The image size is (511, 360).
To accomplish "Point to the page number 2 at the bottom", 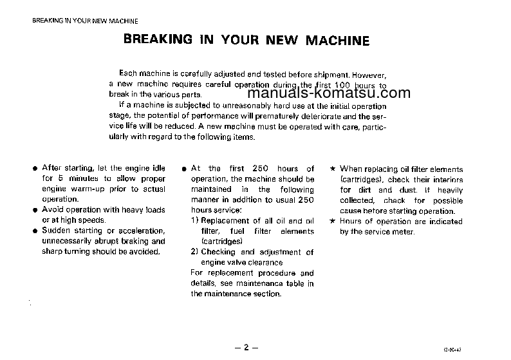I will pos(245,347).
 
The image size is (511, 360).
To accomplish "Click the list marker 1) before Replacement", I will pos(195,221).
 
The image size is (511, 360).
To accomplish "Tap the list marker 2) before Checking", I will pos(195,252).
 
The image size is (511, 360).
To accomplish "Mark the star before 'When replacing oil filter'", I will pos(332,169).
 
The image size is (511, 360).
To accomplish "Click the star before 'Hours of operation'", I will pos(332,222).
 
